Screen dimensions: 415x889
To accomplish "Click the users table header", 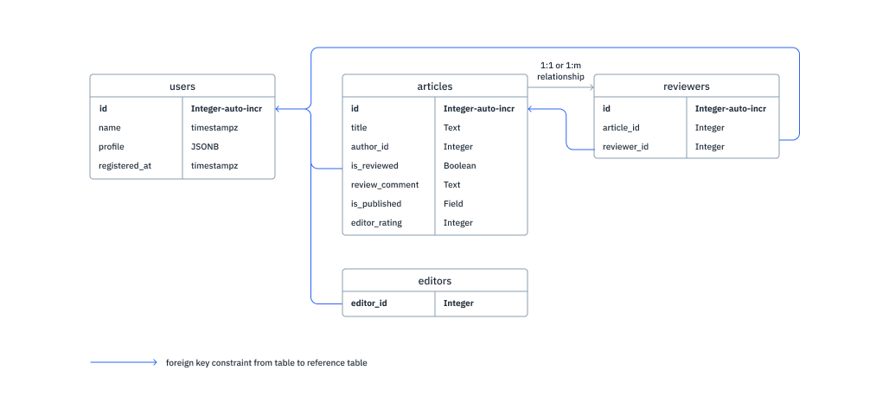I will coord(182,86).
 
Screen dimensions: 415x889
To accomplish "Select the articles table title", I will coord(434,86).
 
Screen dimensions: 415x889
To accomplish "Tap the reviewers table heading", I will coord(686,86).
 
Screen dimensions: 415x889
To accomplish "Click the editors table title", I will coord(434,281).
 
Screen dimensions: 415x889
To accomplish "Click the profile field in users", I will coord(112,147).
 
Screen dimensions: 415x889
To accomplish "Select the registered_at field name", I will coord(125,166).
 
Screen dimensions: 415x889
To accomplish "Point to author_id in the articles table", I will coord(369,147).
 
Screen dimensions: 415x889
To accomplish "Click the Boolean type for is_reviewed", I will coord(459,166).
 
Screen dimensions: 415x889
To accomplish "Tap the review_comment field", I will coord(384,185).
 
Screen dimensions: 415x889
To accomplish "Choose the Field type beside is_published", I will coord(453,204).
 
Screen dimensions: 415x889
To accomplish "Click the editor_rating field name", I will coord(376,223).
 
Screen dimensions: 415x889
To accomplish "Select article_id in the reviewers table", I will coord(621,128).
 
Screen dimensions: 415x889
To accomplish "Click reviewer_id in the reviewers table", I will coord(625,147).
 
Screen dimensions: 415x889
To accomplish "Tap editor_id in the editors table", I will coord(369,303).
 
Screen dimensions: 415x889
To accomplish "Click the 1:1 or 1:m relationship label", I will coord(560,71).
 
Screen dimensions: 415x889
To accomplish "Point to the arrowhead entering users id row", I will coord(279,109).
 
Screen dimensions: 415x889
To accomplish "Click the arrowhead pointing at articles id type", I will coord(532,109).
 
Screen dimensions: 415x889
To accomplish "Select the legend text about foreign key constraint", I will coord(266,363).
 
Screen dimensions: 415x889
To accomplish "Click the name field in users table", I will coord(109,128).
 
